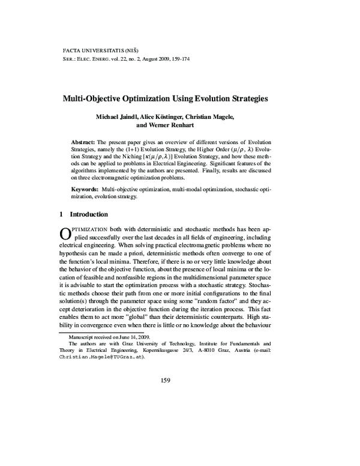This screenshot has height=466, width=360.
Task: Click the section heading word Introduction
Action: (x=89, y=214)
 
